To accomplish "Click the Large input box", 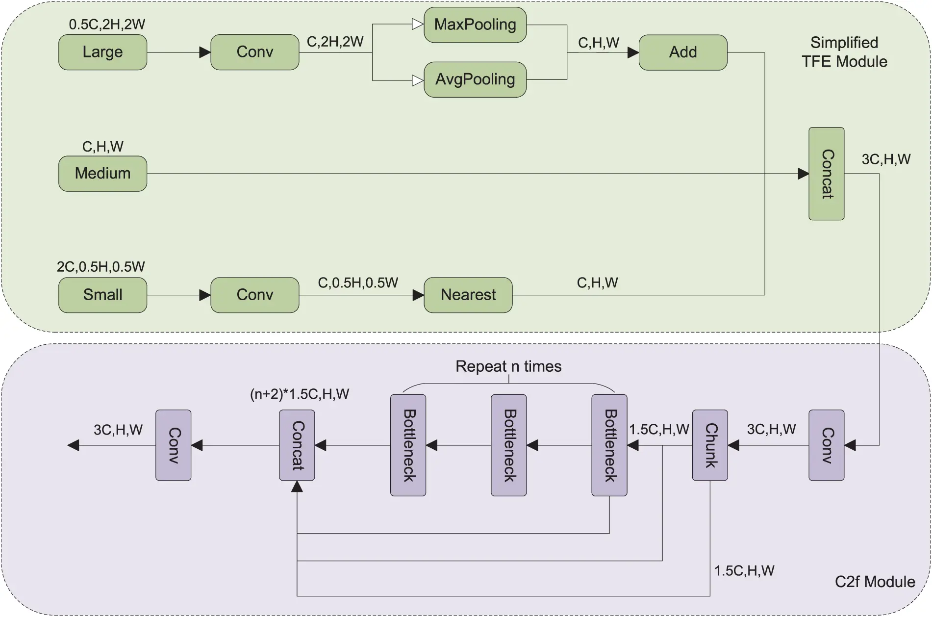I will (x=102, y=52).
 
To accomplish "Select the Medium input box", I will (x=102, y=174).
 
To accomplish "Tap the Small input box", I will (x=102, y=295).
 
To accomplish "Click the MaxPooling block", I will (x=475, y=25).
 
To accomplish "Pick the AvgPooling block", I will (x=475, y=79).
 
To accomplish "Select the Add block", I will (x=682, y=52).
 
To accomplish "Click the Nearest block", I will (x=468, y=295).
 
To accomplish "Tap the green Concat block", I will (x=826, y=174).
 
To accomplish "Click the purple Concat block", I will (x=297, y=445).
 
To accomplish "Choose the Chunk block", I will (x=709, y=445).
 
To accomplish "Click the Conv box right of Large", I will (x=254, y=52).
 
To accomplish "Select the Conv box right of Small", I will (x=254, y=295).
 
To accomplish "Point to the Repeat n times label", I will (x=508, y=366).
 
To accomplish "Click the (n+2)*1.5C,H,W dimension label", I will (x=299, y=394).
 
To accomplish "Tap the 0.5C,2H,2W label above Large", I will (x=107, y=25).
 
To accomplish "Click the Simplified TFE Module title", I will (x=844, y=52).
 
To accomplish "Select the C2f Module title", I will (x=875, y=582).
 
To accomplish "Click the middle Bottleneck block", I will (x=508, y=445).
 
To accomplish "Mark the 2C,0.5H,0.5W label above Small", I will (x=101, y=267).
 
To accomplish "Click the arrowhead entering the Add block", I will (x=633, y=52).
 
